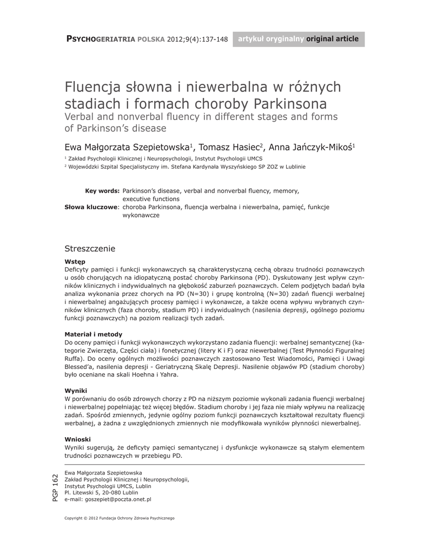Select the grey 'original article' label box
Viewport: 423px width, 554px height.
[299, 39]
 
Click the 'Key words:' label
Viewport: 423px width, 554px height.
[102, 191]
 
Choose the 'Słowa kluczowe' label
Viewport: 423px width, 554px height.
[91, 207]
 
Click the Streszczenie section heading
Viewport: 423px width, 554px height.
[90, 248]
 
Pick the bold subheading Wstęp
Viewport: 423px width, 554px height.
[75, 261]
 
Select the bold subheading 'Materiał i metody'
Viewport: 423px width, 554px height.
[93, 334]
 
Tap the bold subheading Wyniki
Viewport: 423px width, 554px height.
[76, 391]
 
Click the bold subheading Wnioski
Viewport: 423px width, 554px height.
[77, 439]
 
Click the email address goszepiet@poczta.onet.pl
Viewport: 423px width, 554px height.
[108, 500]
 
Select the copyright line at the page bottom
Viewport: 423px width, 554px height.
[120, 518]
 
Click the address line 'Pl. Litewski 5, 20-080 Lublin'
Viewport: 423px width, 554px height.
[101, 493]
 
